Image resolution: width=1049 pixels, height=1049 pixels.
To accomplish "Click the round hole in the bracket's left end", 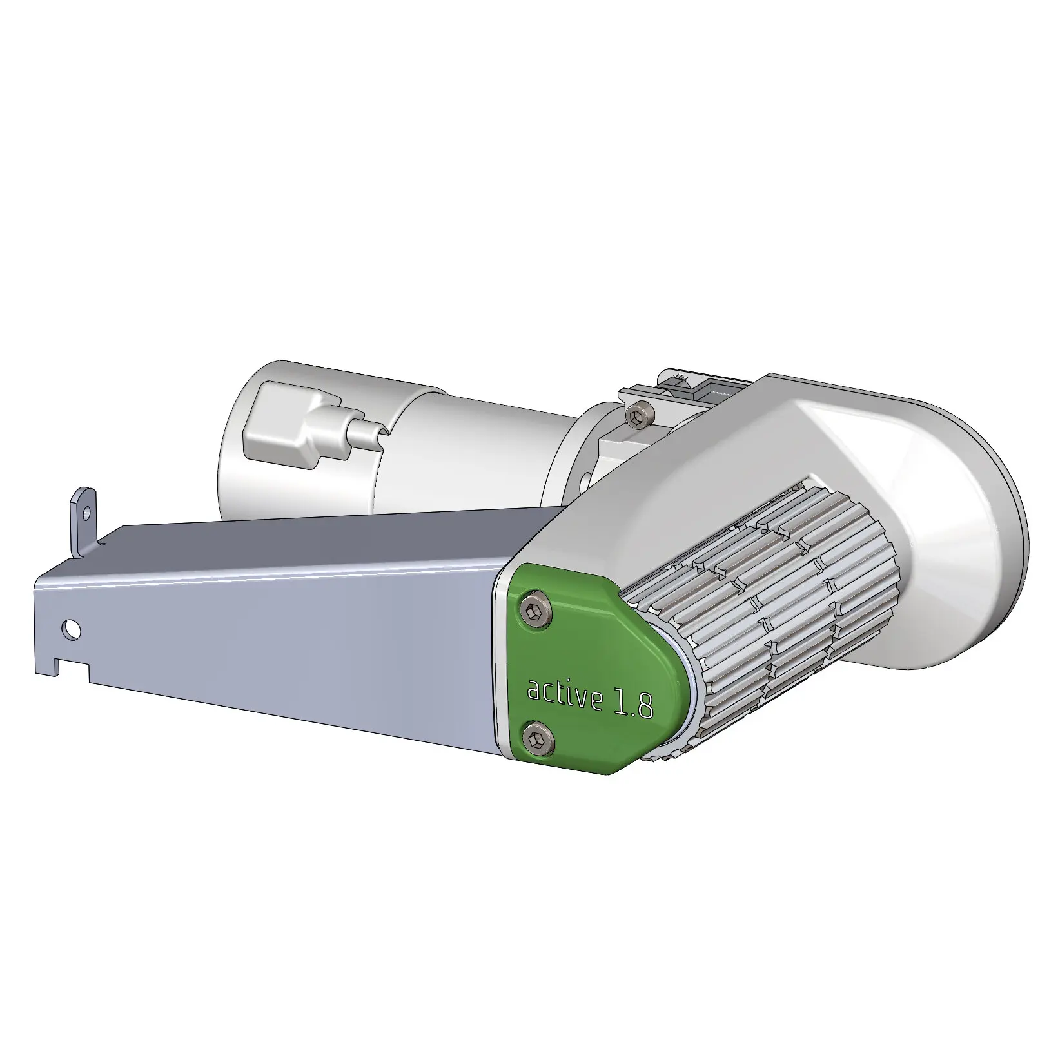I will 73,627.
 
